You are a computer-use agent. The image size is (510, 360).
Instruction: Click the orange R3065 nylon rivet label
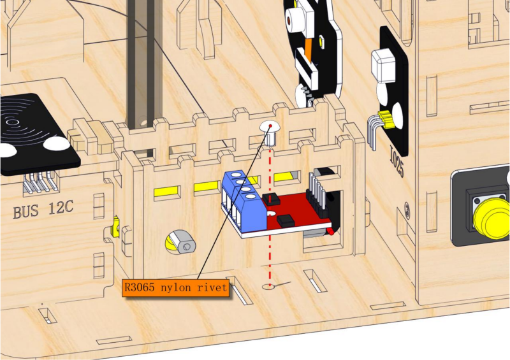pos(176,288)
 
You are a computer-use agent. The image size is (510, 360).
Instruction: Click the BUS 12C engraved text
pos(43,209)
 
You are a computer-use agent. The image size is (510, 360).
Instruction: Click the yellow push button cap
pos(492,218)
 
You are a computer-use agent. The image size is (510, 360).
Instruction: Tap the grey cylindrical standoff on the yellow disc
pos(183,242)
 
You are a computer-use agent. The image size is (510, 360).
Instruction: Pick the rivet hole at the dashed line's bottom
pos(268,287)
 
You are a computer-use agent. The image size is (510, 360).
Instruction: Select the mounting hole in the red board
pos(272,213)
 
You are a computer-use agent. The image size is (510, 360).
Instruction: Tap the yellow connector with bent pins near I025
pos(386,119)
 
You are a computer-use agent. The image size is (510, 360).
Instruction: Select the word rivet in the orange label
pos(212,287)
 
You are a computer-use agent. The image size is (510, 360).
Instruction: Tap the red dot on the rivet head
pos(270,125)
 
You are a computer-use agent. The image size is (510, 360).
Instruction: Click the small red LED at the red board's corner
pos(330,231)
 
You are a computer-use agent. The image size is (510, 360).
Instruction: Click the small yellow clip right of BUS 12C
pos(115,227)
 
